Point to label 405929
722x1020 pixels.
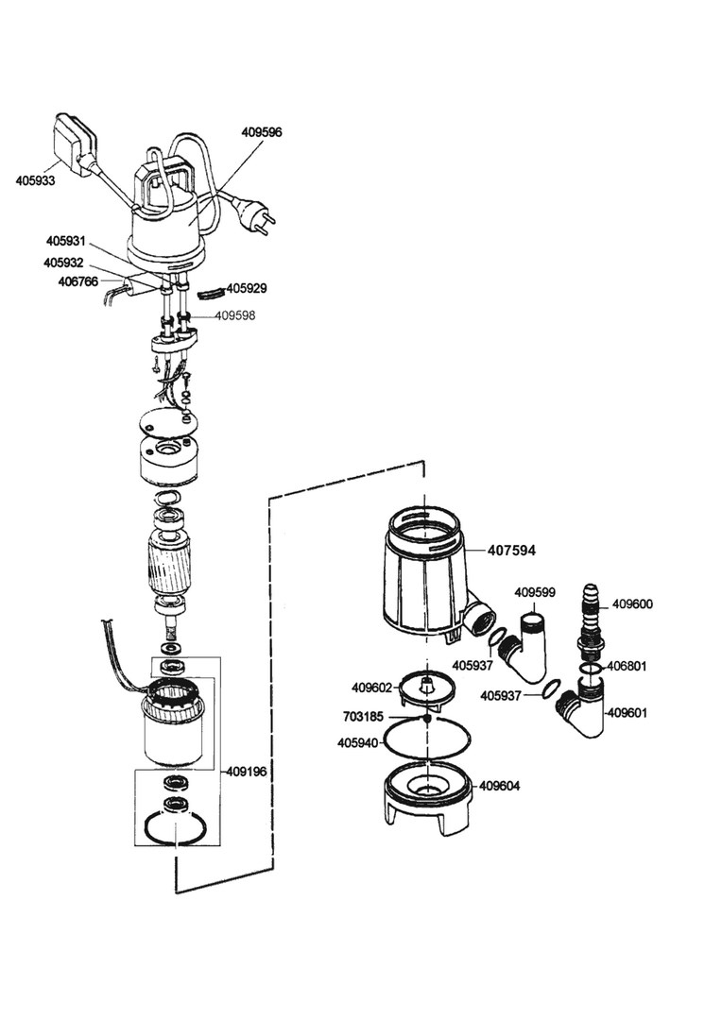point(247,287)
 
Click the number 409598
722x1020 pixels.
point(234,315)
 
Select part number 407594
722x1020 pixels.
point(511,550)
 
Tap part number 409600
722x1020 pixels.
point(632,603)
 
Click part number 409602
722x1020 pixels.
point(371,688)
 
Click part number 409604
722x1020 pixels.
point(500,786)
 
